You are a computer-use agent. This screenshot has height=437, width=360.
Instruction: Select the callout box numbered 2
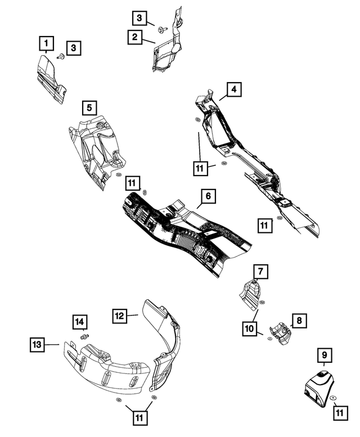pos(135,38)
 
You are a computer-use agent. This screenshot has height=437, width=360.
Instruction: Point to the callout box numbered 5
pos(89,106)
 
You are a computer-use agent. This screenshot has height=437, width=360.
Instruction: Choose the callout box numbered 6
pos(208,196)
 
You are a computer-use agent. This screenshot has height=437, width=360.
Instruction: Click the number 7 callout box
pos(259,272)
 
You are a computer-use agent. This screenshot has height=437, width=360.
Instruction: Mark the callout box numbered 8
pos(299,321)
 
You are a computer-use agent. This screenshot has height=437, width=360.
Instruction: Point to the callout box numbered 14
pos(80,322)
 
